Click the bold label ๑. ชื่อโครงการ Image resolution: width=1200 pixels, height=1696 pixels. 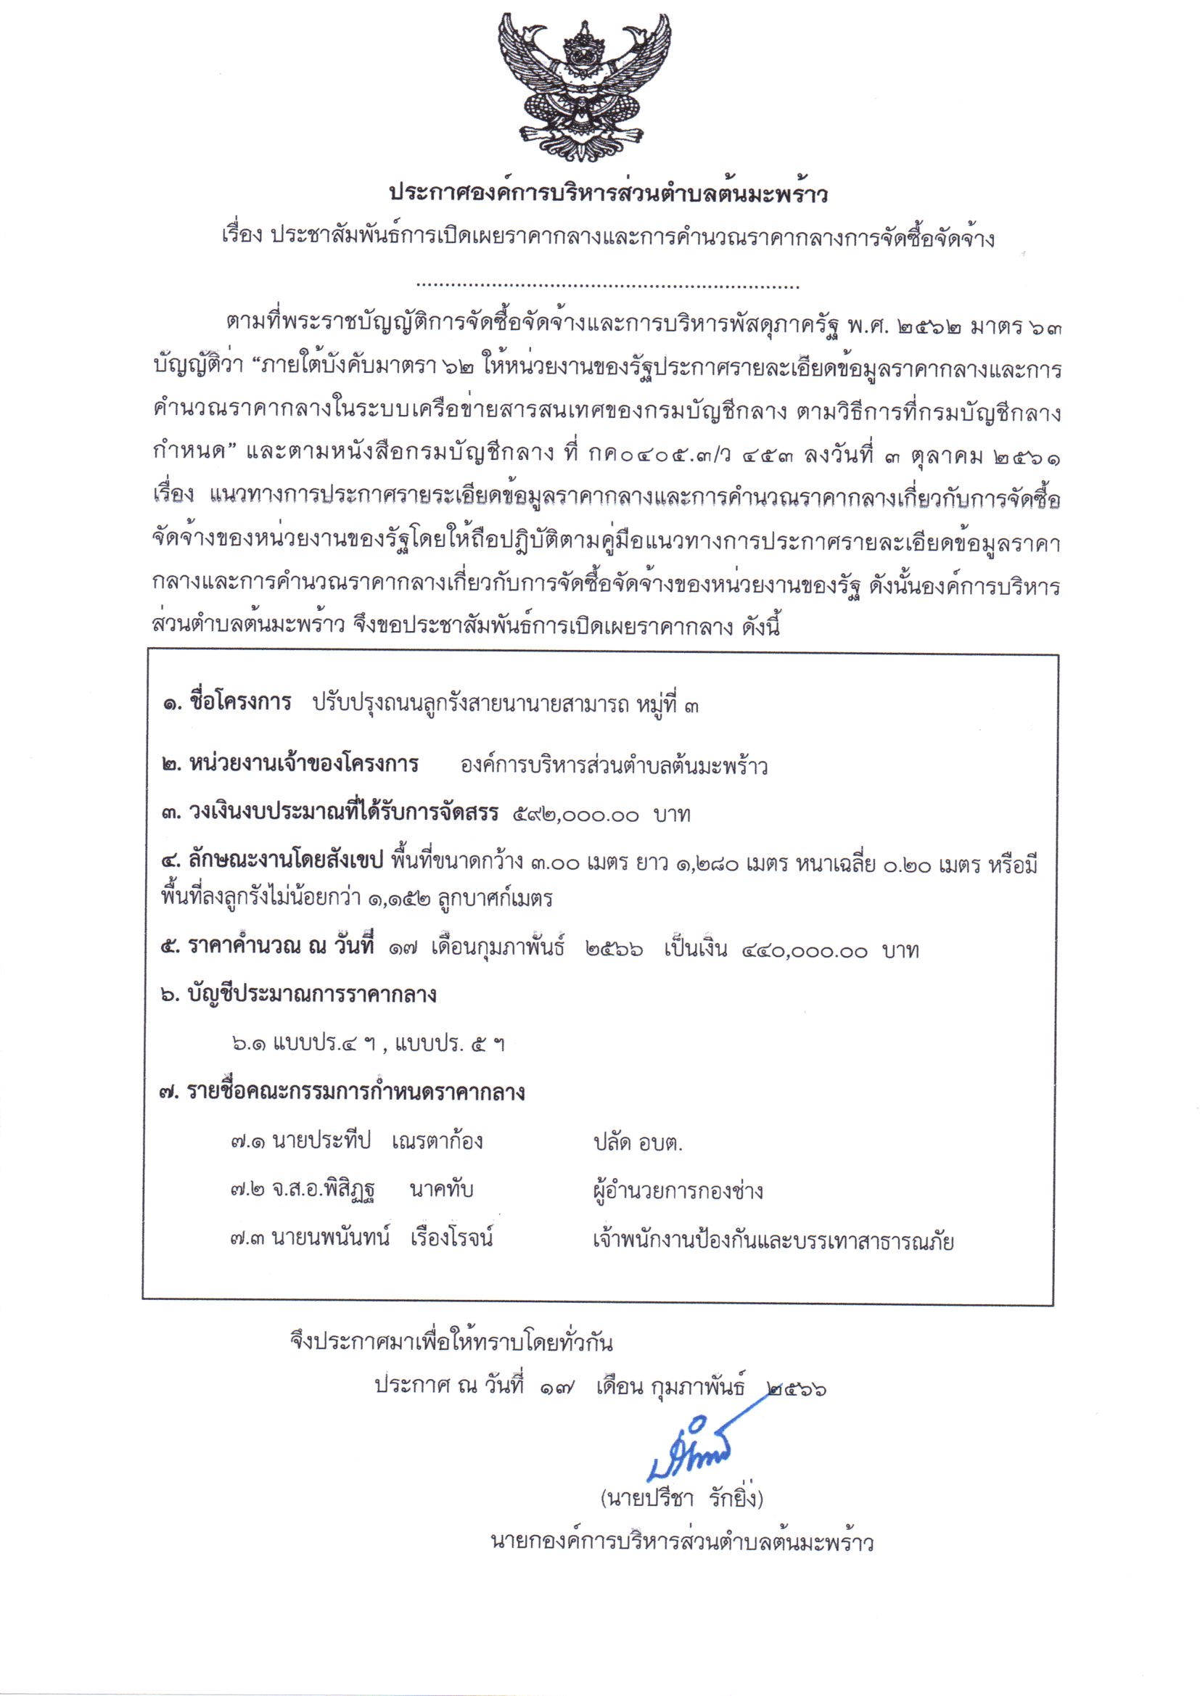tap(228, 702)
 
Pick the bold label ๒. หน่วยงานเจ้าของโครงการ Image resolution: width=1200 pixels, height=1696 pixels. tap(290, 764)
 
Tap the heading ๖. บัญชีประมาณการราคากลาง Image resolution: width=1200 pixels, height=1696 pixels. tap(298, 995)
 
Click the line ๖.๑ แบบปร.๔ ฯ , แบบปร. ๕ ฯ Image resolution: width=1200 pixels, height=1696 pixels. tap(368, 1044)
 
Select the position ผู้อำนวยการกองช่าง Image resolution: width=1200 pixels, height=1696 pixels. tap(678, 1190)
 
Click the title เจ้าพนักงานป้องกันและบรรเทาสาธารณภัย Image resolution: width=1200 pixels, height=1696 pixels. tap(773, 1240)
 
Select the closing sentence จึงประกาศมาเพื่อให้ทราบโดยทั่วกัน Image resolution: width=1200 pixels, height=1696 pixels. tap(451, 1341)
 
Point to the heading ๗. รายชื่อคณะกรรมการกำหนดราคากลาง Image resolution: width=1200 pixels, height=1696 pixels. tap(342, 1092)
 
